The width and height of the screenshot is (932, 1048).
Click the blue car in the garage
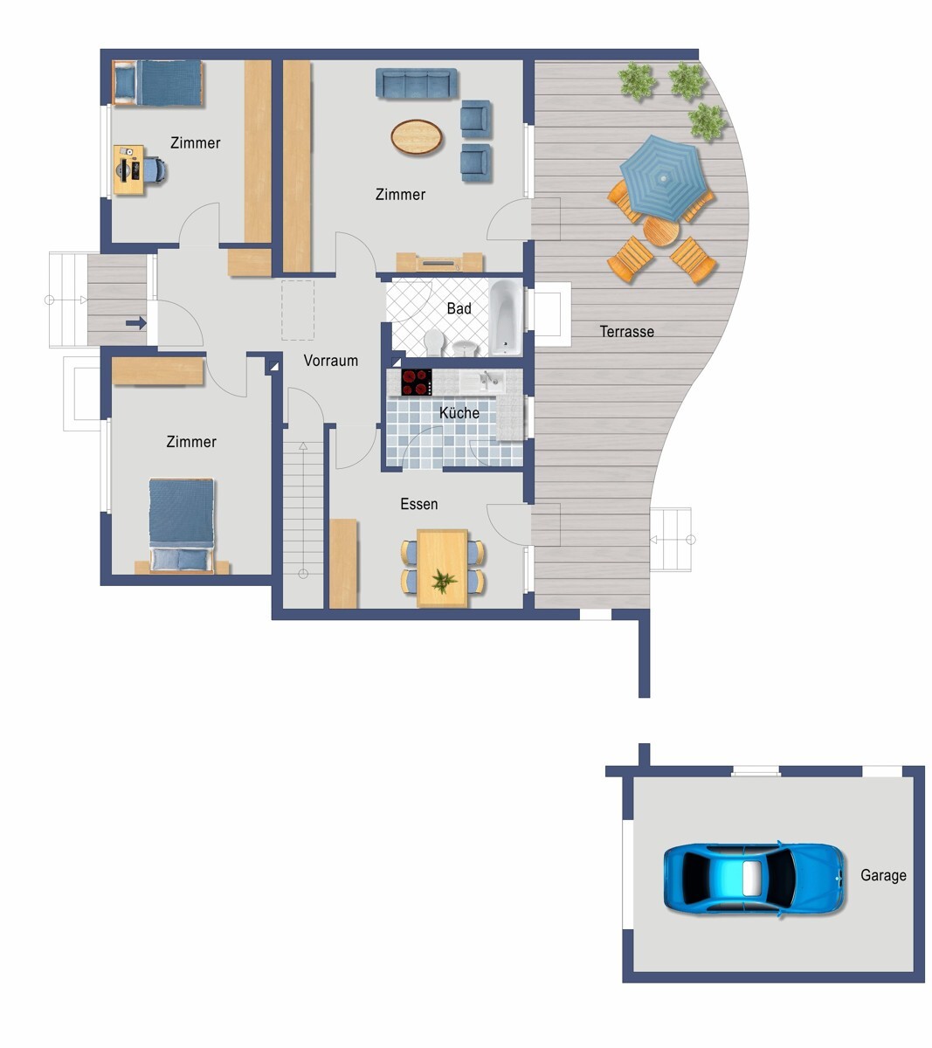click(x=754, y=878)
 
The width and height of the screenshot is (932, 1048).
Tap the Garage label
click(x=883, y=875)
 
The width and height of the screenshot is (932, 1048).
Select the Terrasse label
click(x=626, y=331)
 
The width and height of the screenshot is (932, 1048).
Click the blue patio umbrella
click(x=663, y=178)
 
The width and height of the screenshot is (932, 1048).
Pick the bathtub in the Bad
click(x=506, y=318)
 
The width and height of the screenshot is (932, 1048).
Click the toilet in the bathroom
click(x=433, y=342)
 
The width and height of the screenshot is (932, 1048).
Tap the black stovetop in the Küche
click(x=417, y=383)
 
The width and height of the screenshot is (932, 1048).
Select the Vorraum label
click(x=331, y=361)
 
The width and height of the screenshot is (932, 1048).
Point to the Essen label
click(x=419, y=504)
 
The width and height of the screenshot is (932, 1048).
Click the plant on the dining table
click(x=443, y=581)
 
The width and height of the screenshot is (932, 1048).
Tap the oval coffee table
click(x=417, y=136)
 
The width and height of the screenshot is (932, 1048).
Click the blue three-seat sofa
click(x=417, y=83)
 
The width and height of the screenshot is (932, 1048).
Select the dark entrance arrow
click(x=136, y=323)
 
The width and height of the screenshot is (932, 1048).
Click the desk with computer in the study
click(x=129, y=169)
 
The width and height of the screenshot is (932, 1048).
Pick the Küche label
click(x=459, y=413)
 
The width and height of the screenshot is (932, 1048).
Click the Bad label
click(x=459, y=309)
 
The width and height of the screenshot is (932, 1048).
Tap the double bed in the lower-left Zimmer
click(x=182, y=526)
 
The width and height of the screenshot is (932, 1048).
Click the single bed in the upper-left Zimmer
click(x=157, y=83)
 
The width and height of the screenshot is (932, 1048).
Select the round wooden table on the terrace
click(x=661, y=231)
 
